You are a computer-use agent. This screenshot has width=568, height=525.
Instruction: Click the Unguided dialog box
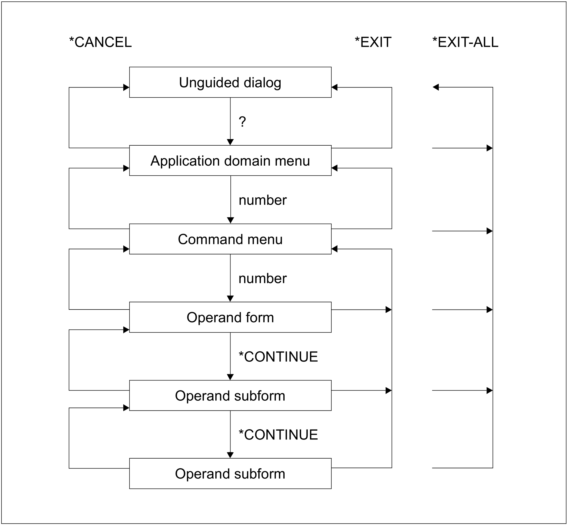[230, 82]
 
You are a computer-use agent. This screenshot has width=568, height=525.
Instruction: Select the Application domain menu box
[230, 160]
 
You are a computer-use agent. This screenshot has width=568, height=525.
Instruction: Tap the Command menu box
[230, 239]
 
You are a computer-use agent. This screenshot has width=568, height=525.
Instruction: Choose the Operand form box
[230, 317]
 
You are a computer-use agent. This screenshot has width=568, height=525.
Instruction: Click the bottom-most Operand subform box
[230, 474]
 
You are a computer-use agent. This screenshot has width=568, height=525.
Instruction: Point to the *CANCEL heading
[100, 42]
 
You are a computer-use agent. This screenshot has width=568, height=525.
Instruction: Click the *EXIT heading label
[373, 42]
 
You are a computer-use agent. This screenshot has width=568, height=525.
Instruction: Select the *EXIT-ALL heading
[465, 42]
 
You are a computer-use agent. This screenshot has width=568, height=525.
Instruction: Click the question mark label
[242, 122]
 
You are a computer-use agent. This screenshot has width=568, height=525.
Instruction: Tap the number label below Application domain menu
[263, 200]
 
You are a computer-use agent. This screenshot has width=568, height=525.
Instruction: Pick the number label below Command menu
[263, 278]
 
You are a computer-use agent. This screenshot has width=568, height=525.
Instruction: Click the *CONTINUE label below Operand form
[278, 357]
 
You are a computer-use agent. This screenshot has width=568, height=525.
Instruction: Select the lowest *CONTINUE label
[278, 435]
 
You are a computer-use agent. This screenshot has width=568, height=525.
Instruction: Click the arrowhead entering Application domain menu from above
[230, 142]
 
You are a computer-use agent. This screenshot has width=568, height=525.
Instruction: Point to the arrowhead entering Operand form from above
[230, 298]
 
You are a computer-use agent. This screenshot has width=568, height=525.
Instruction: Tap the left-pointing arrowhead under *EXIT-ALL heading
[436, 87]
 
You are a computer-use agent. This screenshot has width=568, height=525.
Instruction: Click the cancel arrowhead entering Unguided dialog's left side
[126, 87]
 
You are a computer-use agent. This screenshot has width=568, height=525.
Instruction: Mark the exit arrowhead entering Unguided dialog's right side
[335, 87]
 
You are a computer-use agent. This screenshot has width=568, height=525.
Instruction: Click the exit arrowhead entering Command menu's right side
[335, 249]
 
